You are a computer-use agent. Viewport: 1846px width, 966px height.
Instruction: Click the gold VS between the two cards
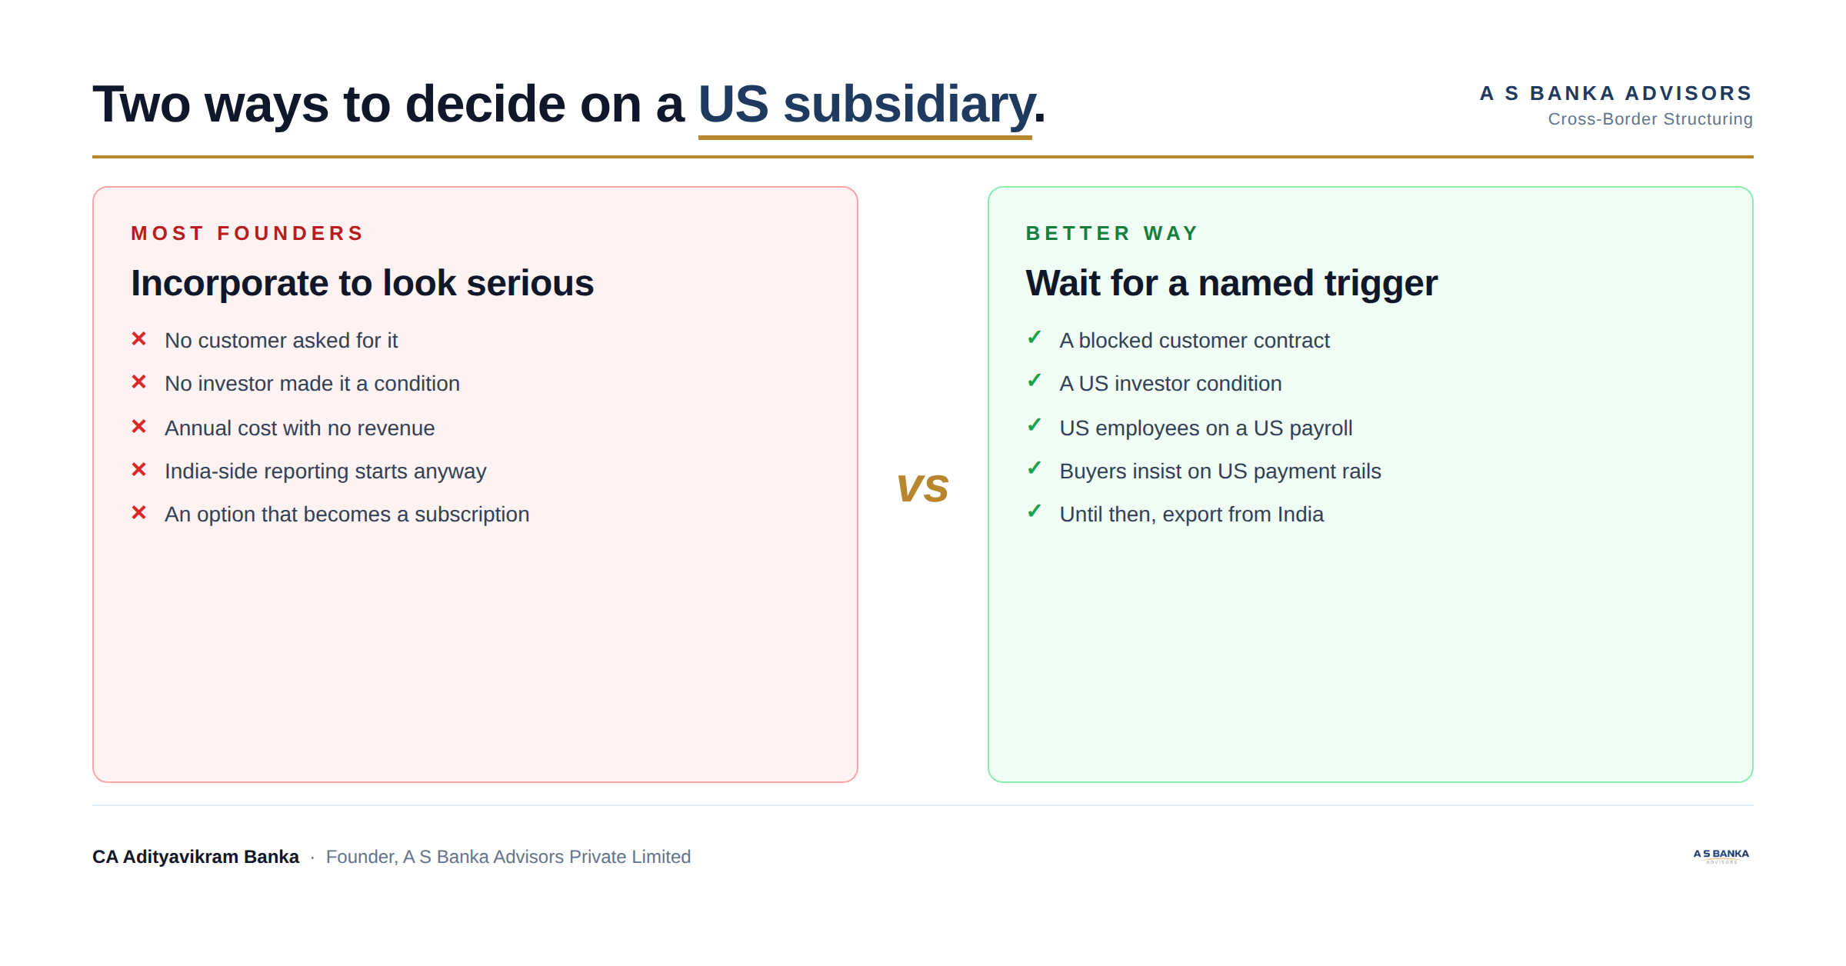tap(922, 489)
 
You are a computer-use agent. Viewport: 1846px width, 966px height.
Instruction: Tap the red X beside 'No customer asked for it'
tap(138, 338)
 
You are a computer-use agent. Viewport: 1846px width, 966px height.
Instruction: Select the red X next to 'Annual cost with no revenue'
tap(138, 426)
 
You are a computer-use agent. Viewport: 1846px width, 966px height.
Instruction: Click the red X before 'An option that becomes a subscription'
tap(138, 512)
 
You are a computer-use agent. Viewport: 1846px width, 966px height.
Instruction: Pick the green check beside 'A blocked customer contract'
tap(1035, 338)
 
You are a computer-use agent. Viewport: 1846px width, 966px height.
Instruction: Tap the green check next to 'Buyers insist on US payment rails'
tap(1035, 468)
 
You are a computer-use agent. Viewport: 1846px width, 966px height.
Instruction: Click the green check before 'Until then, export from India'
tap(1035, 511)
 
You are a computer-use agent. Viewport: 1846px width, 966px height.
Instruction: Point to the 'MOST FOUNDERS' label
tap(247, 233)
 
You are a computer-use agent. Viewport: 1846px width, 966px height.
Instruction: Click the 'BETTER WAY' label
tap(1112, 233)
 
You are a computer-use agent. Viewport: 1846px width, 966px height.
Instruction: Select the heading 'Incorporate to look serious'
tap(362, 283)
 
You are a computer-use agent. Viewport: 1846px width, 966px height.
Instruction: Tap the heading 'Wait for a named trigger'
tap(1231, 283)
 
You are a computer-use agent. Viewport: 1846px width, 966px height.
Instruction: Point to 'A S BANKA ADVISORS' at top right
tap(1616, 93)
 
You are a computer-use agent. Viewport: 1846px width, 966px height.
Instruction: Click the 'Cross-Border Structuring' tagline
tap(1651, 119)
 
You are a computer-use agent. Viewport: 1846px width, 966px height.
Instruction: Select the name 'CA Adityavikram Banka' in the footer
tap(195, 857)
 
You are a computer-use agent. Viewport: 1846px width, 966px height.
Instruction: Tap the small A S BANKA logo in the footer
tap(1721, 856)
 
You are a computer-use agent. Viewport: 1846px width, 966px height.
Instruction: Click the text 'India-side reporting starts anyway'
tap(325, 471)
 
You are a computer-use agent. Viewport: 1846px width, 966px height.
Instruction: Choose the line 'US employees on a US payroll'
tap(1206, 428)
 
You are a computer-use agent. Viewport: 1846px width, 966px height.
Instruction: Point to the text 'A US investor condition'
tap(1171, 384)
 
